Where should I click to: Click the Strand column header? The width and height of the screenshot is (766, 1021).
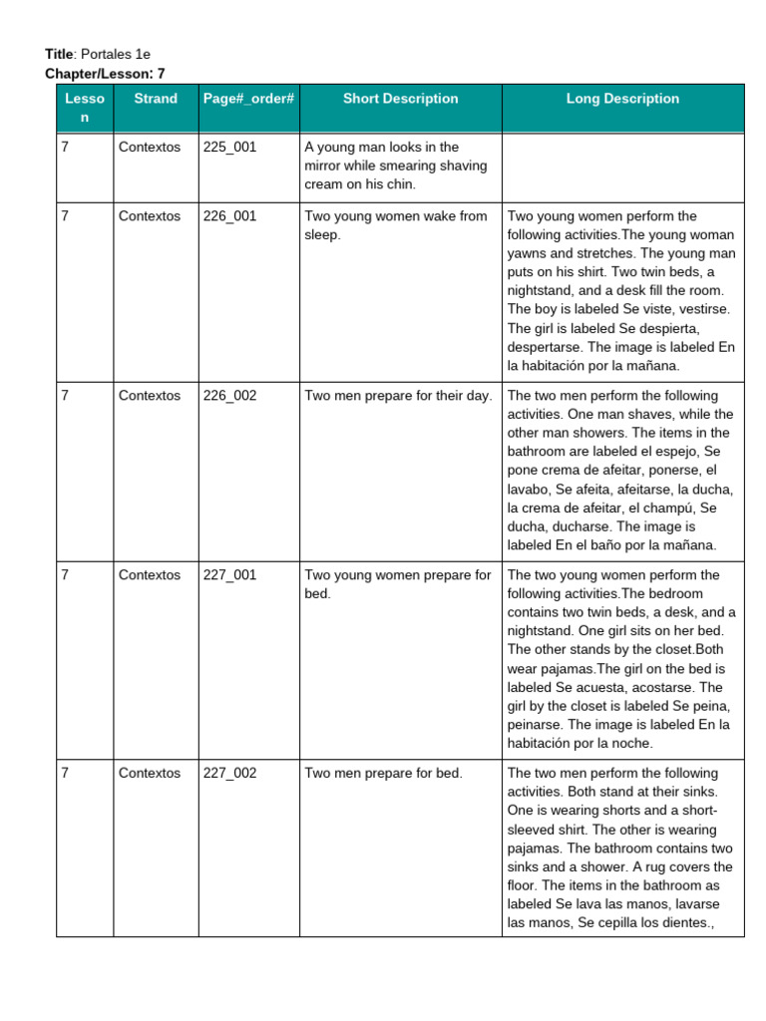[x=156, y=99]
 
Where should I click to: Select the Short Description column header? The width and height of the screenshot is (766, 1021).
[x=400, y=99]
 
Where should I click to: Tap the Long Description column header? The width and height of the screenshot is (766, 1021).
[x=622, y=99]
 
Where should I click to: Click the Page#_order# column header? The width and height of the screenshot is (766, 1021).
[x=248, y=99]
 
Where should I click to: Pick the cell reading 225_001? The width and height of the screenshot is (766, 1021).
[x=229, y=147]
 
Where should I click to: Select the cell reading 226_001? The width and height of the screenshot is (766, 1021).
[x=229, y=216]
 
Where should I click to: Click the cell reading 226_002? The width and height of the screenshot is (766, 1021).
[x=229, y=396]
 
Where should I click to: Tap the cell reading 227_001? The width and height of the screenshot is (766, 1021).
[x=229, y=575]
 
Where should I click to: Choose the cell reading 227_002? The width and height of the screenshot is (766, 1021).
[x=229, y=774]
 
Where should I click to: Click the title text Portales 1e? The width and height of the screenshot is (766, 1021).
[x=116, y=54]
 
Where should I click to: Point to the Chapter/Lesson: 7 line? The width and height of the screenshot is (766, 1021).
[x=105, y=74]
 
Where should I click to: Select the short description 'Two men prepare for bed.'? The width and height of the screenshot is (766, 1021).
[x=383, y=774]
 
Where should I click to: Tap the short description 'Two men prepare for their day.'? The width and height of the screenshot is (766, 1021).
[x=398, y=396]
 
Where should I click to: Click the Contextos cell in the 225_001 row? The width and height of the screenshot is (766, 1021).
[x=150, y=147]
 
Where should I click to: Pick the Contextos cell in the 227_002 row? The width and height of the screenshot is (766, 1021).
[x=150, y=774]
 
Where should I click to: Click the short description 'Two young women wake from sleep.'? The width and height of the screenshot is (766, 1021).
[x=396, y=225]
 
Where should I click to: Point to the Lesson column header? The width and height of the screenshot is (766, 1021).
[x=84, y=108]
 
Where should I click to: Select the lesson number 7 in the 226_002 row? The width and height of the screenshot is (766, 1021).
[x=65, y=396]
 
